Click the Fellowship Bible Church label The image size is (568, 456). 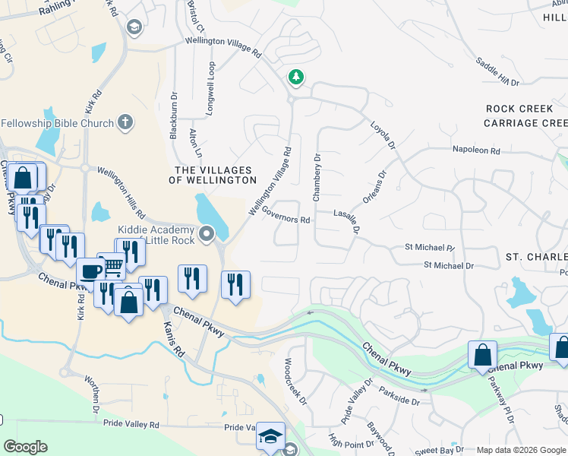[57, 123]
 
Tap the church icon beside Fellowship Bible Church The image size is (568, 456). [125, 122]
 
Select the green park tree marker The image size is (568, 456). [295, 77]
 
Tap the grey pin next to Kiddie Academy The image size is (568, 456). [207, 236]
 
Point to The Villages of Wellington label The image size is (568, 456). [216, 175]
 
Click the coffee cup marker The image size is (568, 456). [90, 271]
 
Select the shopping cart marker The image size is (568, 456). [112, 265]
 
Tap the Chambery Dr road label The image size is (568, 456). [317, 178]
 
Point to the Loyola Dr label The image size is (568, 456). [383, 135]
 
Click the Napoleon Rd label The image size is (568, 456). [476, 151]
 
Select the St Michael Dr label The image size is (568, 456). [448, 265]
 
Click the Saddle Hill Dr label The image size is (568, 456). [498, 71]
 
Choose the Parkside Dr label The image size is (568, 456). [397, 398]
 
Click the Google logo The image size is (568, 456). [26, 447]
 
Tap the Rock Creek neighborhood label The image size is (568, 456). [519, 109]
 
